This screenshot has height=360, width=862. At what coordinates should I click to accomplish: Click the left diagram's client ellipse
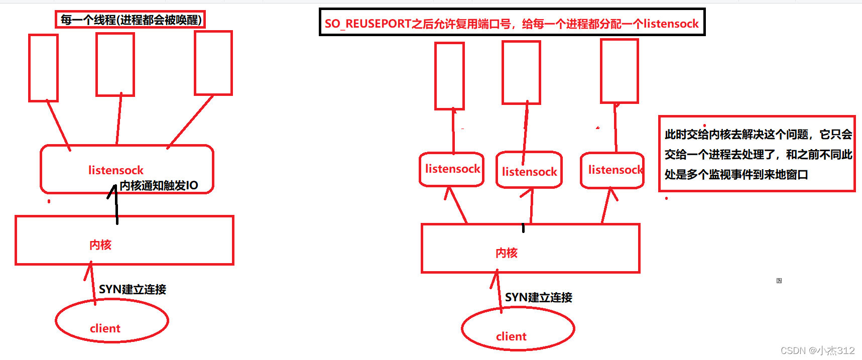click(111, 321)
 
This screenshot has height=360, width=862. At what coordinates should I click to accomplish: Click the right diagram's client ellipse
click(518, 329)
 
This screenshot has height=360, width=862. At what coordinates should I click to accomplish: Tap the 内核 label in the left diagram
click(100, 245)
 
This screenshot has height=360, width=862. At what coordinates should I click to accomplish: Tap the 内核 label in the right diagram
click(507, 253)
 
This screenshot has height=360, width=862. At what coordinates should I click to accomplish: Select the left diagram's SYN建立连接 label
click(133, 290)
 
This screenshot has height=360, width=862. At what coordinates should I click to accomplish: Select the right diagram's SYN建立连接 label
click(539, 298)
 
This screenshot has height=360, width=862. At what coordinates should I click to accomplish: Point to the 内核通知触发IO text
click(159, 186)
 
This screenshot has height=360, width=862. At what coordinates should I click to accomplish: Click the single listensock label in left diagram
click(116, 170)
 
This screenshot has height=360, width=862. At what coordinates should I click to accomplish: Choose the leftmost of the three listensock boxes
click(452, 169)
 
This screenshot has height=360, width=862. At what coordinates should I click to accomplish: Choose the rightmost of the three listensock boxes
click(612, 170)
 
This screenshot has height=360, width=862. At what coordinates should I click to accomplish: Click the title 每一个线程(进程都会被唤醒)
click(131, 20)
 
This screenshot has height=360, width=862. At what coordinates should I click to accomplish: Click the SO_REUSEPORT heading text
click(512, 24)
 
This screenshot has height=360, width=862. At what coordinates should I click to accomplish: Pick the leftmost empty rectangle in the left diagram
click(44, 68)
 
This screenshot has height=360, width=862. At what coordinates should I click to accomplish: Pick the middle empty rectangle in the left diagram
click(115, 64)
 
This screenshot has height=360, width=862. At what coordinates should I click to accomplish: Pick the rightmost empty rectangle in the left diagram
click(213, 63)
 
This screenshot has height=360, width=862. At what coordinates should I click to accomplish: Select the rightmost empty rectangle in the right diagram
click(620, 71)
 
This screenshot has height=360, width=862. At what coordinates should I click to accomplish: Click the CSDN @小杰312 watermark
click(817, 350)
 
